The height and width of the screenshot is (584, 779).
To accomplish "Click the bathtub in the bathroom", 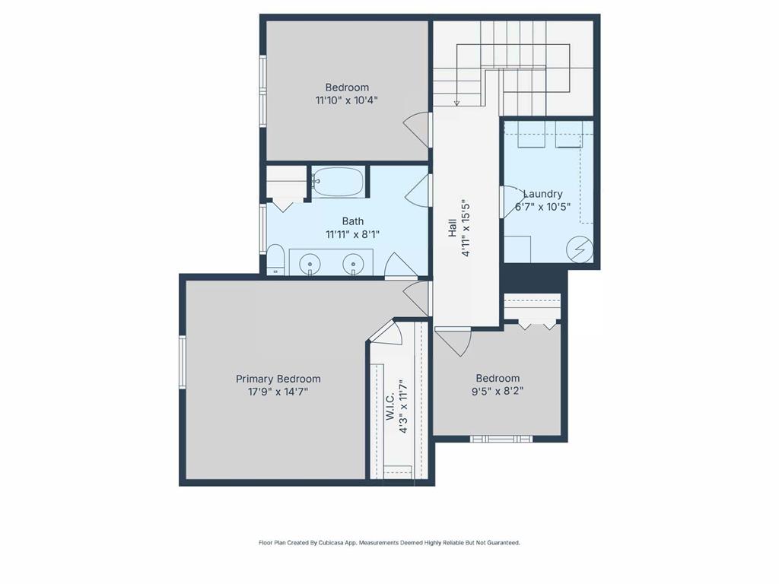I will (x=339, y=182).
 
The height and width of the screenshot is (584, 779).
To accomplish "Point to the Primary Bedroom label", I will (x=278, y=379).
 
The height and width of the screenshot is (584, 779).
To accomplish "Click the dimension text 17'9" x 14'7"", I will (x=278, y=392).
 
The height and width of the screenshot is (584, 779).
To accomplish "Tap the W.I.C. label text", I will (x=389, y=407).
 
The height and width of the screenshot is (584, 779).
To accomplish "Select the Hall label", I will (x=452, y=228).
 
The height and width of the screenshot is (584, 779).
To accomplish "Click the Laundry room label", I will (x=543, y=194).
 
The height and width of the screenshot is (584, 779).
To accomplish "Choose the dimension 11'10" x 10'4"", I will (x=347, y=100).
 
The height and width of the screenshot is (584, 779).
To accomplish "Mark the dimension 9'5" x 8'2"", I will (x=498, y=392).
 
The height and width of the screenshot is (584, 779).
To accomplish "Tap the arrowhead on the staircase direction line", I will (x=457, y=103).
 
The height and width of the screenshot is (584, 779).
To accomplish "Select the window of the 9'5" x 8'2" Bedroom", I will (x=500, y=439).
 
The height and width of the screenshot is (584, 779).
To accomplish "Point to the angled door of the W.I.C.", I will (x=388, y=333).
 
